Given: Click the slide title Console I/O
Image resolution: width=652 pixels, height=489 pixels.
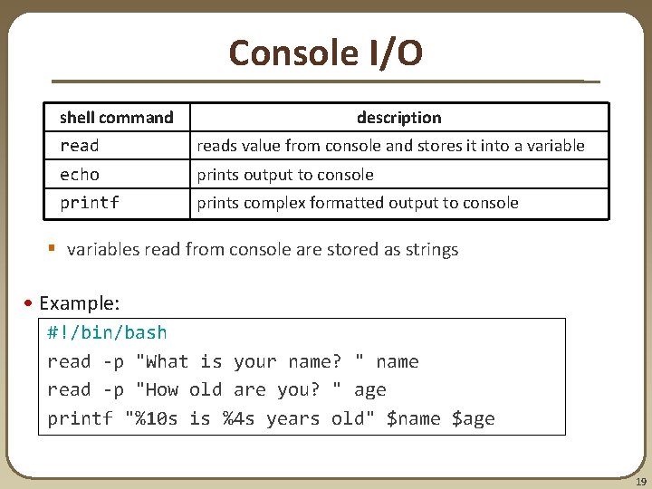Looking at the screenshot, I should [x=325, y=53].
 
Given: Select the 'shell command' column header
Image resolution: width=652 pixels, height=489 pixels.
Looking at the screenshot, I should [x=116, y=118].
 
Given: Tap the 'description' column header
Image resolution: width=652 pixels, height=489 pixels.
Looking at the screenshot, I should [x=398, y=118].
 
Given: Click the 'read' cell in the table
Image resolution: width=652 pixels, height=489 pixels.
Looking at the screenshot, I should [x=80, y=146].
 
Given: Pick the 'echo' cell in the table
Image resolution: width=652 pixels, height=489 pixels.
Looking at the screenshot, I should [x=80, y=175].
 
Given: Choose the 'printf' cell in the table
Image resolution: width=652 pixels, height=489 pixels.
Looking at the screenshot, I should [x=89, y=203].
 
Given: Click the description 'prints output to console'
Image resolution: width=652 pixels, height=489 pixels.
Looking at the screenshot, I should [x=285, y=175].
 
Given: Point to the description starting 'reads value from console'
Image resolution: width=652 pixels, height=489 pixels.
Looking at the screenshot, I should [x=390, y=146].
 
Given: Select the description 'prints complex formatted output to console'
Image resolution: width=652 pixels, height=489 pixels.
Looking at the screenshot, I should [x=358, y=203].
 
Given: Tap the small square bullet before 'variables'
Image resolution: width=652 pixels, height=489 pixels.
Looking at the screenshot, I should [x=55, y=249].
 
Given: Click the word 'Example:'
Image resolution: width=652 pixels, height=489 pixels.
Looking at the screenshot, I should [x=80, y=302].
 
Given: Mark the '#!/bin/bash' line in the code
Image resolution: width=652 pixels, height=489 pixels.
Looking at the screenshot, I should [x=107, y=332].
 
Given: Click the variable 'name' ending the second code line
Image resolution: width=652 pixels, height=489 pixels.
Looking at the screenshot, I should [x=398, y=361].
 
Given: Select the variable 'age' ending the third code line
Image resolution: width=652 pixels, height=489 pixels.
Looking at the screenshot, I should [x=370, y=389].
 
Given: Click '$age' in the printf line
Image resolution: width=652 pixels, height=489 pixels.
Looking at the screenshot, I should [x=473, y=418].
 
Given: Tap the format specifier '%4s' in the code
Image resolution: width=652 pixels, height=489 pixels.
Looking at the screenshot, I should [x=239, y=418].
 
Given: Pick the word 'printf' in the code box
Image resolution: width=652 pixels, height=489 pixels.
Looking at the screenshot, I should [x=80, y=418].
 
